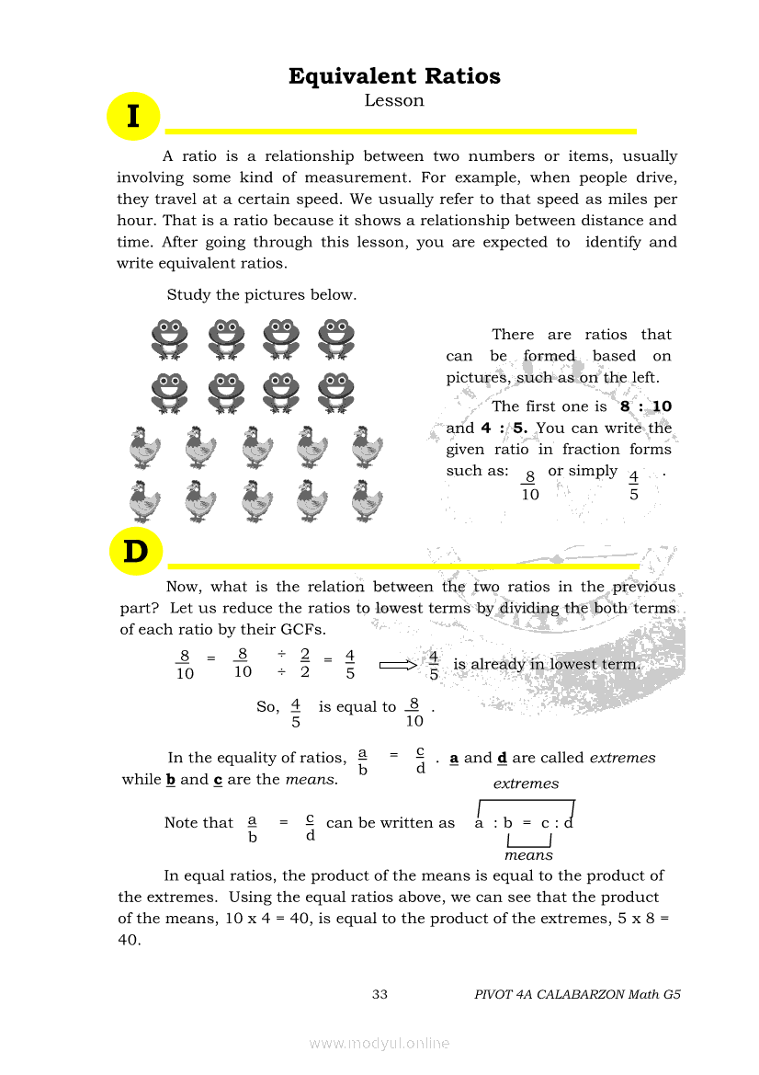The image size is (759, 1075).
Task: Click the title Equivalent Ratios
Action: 394,76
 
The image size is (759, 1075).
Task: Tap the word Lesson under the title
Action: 394,101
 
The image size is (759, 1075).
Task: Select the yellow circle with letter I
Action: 133,117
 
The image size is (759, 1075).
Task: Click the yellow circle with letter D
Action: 135,552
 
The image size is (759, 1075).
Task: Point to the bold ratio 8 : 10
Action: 646,406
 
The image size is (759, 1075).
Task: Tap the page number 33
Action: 380,994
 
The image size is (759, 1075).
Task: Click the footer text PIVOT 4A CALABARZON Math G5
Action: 577,994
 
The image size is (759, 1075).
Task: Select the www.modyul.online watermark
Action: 379,1043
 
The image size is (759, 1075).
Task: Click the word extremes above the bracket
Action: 526,783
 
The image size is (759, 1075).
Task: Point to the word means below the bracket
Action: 528,855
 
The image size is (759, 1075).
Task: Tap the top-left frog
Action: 170,337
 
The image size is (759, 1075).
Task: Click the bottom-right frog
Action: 335,392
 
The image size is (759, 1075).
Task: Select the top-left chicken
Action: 144,448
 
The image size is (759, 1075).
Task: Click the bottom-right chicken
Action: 367,501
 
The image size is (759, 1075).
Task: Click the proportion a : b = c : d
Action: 524,822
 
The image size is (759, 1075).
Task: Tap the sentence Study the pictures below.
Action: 261,295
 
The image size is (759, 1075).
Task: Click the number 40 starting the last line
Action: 129,940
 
